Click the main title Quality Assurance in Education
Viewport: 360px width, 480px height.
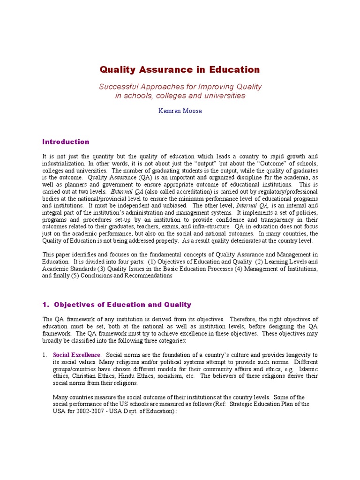click(180, 70)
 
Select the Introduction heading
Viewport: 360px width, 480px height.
click(66, 142)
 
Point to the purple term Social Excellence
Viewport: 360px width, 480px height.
click(76, 355)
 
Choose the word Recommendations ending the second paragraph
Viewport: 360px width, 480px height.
click(149, 276)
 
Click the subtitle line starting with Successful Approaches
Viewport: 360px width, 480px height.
click(180, 87)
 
